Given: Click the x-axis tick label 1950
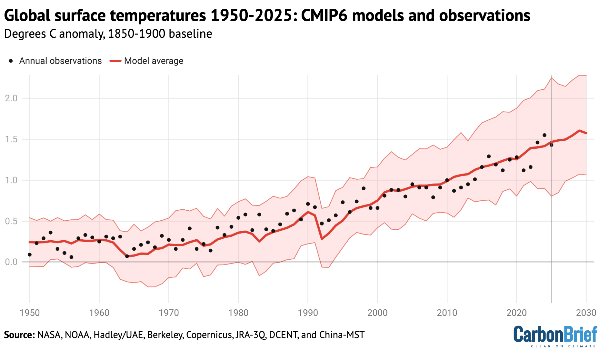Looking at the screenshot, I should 30,313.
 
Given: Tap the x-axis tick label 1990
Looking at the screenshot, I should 308,313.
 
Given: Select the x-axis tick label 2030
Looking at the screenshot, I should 586,313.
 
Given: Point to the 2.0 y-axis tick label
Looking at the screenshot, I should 11,98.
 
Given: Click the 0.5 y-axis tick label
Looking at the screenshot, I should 11,221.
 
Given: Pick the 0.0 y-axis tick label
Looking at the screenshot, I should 11,262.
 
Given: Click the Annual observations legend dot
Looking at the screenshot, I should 11,61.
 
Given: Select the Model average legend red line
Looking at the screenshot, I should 115,61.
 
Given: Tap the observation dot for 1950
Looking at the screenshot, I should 30,255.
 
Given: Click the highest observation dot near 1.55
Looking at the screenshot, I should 544,135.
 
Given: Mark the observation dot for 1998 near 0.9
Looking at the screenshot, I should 364,188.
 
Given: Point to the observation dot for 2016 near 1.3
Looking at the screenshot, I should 489,156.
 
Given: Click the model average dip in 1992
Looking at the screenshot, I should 322,239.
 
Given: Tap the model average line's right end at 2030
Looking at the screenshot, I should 586,133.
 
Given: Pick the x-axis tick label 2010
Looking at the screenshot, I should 447,313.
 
